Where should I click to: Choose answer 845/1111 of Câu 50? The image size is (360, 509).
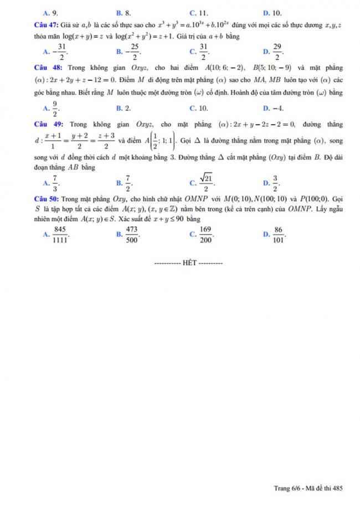point(60,235)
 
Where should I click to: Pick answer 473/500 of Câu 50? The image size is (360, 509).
point(132,235)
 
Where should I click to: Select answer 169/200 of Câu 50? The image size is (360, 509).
point(205,235)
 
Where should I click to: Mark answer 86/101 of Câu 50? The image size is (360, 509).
point(278,235)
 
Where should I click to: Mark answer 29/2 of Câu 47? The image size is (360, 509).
point(278,53)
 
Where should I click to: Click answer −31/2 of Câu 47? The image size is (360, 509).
point(59,53)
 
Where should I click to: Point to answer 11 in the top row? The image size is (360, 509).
point(203,11)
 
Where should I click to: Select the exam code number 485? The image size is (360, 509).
point(337,488)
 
